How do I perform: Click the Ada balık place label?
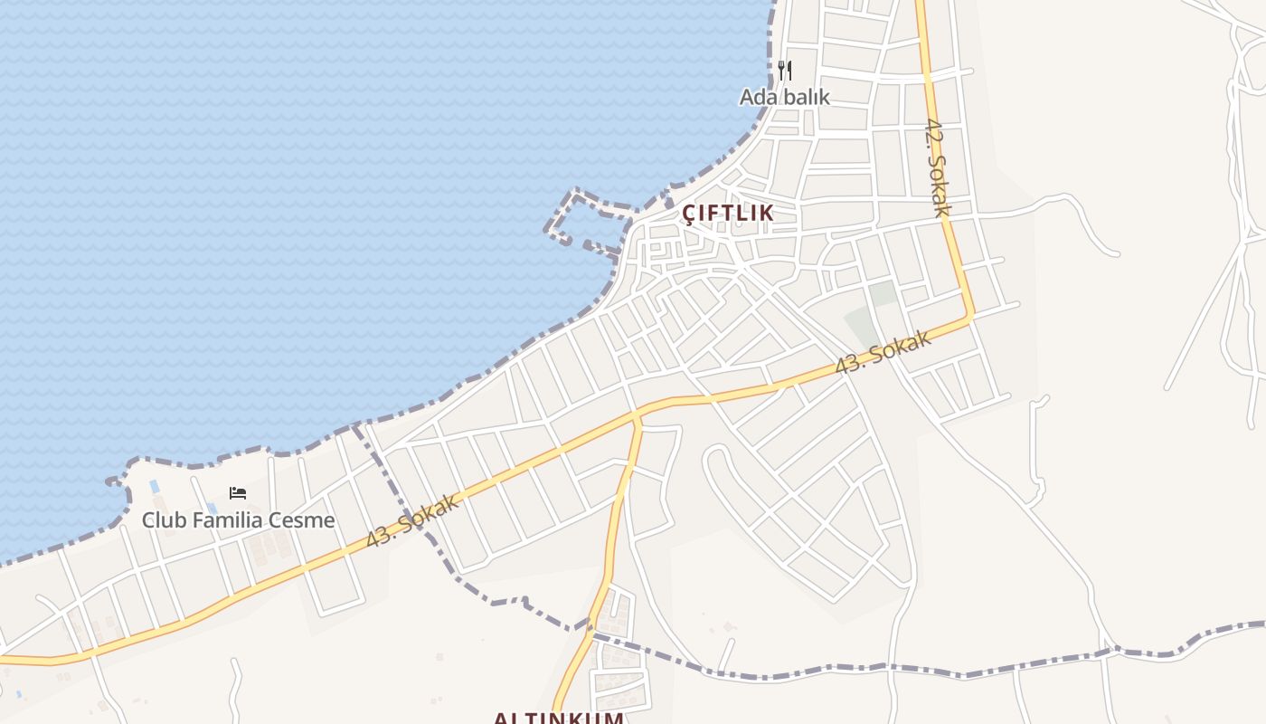pyautogui.click(x=784, y=97)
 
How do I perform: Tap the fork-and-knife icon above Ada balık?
pyautogui.click(x=785, y=70)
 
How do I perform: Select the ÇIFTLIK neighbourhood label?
pyautogui.click(x=728, y=213)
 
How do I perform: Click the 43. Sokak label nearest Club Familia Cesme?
pyautogui.click(x=413, y=521)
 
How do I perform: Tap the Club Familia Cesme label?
pyautogui.click(x=238, y=520)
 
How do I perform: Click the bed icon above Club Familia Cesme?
pyautogui.click(x=238, y=493)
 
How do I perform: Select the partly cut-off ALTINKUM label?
pyautogui.click(x=558, y=718)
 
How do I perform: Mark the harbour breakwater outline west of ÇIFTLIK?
pyautogui.click(x=579, y=217)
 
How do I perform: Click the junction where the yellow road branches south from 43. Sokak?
pyautogui.click(x=638, y=415)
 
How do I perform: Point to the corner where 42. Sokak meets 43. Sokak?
pyautogui.click(x=970, y=316)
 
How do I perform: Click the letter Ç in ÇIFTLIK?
pyautogui.click(x=689, y=213)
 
